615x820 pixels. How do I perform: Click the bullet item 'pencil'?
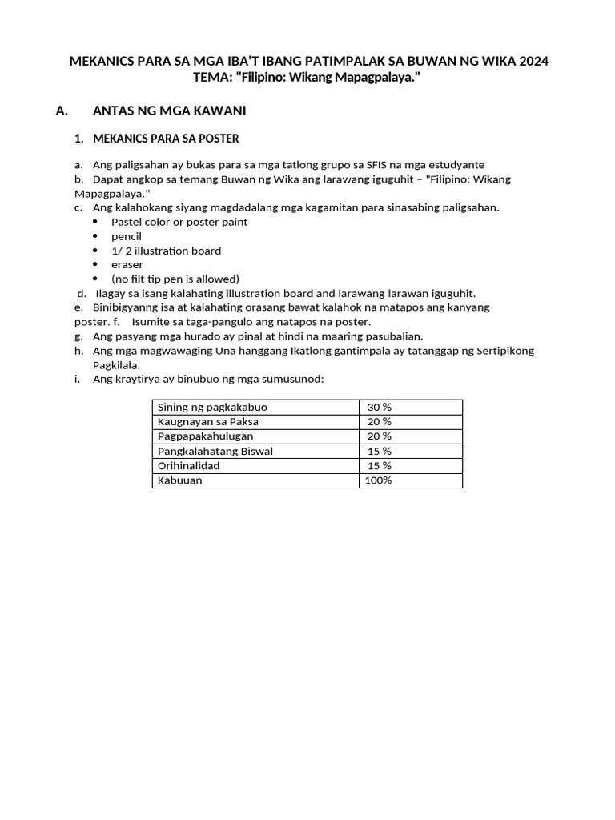coord(127,236)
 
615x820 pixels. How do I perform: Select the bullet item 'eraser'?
coord(127,264)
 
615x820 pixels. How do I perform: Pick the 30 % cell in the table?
coord(379,407)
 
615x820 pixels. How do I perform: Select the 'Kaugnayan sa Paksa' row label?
coord(208,421)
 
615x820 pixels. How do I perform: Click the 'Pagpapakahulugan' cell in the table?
coord(205,436)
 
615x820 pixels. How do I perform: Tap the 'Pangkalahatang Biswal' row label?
coord(215,451)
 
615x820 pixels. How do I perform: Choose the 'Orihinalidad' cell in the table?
coord(188,465)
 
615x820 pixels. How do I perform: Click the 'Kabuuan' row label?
coord(180,480)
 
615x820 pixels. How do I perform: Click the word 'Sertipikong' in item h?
coord(500,351)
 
